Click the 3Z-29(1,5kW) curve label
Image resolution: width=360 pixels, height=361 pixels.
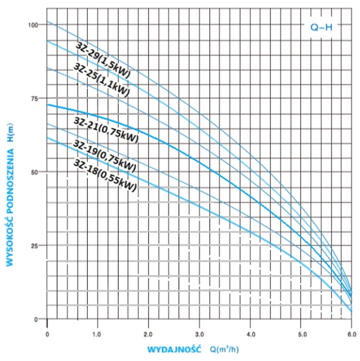102,54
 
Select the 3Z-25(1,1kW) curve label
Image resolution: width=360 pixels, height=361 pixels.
102,79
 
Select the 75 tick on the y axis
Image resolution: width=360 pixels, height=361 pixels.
35,98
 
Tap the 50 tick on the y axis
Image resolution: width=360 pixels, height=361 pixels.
35,172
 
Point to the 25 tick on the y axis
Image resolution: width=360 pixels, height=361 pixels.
35,245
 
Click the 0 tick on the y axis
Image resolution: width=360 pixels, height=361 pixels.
37,319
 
